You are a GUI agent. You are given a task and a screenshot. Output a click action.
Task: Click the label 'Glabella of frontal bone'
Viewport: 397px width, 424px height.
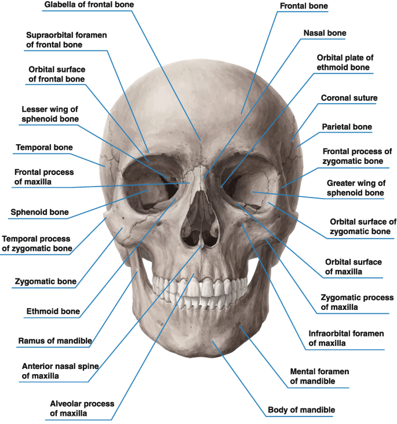(x=89, y=5)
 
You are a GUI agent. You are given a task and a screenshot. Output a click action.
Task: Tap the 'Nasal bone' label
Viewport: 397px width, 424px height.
(x=325, y=33)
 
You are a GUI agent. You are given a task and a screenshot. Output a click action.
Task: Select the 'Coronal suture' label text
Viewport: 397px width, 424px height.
(x=349, y=98)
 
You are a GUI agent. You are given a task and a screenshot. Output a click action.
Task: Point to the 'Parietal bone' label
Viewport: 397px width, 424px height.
(x=347, y=127)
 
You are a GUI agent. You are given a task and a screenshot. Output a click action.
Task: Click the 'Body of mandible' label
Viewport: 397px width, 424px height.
(x=301, y=410)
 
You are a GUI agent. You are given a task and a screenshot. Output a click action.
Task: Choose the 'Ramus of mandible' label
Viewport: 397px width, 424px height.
(x=55, y=341)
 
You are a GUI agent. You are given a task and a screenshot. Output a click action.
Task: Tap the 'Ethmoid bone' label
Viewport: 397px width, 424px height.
(x=53, y=312)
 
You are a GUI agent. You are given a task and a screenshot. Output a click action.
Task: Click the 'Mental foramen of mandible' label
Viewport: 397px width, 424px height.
(x=320, y=376)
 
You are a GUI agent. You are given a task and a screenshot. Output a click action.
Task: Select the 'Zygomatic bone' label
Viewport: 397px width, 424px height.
(x=45, y=282)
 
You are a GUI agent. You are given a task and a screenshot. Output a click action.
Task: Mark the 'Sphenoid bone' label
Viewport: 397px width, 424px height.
(x=39, y=213)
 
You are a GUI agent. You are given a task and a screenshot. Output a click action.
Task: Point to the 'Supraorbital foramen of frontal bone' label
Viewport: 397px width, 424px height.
(x=66, y=39)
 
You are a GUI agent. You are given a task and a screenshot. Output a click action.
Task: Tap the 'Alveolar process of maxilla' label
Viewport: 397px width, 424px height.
(x=82, y=408)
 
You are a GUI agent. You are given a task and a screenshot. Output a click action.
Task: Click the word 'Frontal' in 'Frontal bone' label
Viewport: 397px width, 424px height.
(x=294, y=6)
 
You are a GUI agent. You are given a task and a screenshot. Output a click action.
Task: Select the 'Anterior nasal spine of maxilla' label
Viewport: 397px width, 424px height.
(x=54, y=371)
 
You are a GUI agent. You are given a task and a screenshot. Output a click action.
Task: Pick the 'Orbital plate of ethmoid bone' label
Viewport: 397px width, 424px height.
(x=343, y=63)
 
